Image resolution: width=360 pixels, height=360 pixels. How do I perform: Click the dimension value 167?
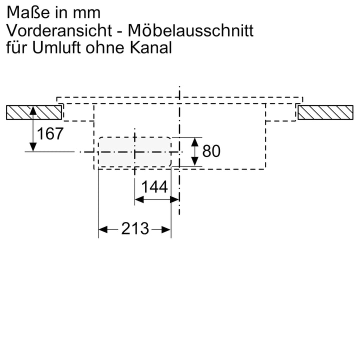(x=51, y=134)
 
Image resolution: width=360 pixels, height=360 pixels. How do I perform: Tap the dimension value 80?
(x=211, y=151)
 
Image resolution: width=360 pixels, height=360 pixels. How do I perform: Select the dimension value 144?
(x=154, y=187)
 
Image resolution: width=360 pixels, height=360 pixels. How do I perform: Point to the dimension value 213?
(x=135, y=229)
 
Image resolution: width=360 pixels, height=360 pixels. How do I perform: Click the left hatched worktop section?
(x=34, y=112)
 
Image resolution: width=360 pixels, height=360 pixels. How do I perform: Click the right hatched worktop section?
(x=326, y=112)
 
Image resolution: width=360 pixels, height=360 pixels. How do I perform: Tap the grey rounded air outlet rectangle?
(x=134, y=151)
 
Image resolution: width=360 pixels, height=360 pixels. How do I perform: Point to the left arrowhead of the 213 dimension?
(x=101, y=229)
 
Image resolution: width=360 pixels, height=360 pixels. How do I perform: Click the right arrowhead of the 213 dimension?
(x=168, y=229)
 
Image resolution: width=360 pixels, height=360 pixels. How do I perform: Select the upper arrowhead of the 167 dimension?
(x=33, y=110)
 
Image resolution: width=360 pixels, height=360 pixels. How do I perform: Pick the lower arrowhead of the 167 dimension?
(x=33, y=147)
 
